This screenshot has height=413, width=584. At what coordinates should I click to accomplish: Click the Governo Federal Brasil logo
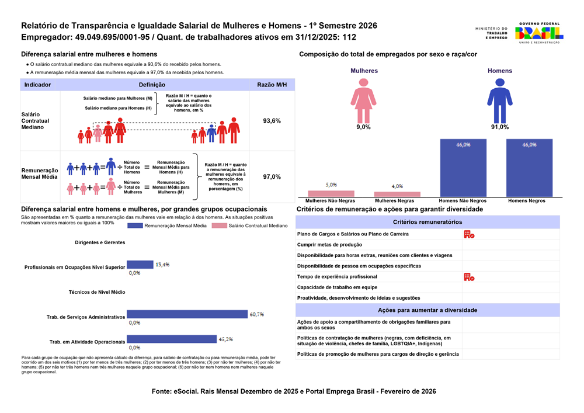click(538, 33)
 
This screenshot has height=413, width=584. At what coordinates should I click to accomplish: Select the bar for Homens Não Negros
click(463, 168)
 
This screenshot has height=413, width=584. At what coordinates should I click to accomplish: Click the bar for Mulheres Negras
click(397, 194)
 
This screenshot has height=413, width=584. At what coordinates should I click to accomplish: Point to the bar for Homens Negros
click(529, 168)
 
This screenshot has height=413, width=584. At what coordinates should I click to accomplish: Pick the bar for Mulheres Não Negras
click(331, 193)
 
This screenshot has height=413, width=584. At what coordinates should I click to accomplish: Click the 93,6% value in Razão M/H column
click(272, 121)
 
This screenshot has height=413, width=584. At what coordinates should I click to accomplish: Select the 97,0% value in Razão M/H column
click(272, 176)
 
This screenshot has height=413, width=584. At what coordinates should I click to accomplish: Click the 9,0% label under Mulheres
click(363, 127)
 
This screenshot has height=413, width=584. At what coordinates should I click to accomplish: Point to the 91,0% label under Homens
click(499, 127)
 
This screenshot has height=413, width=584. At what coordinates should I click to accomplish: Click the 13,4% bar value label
click(162, 265)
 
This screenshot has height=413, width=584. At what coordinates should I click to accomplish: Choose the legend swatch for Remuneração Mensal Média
click(134, 225)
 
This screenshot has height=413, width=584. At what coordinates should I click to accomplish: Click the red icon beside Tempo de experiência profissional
click(468, 277)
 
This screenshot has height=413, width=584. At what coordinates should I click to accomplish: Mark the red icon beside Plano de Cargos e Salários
click(468, 234)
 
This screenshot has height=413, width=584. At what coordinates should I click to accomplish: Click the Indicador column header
click(38, 85)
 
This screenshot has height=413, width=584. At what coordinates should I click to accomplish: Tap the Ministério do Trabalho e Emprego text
click(492, 33)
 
